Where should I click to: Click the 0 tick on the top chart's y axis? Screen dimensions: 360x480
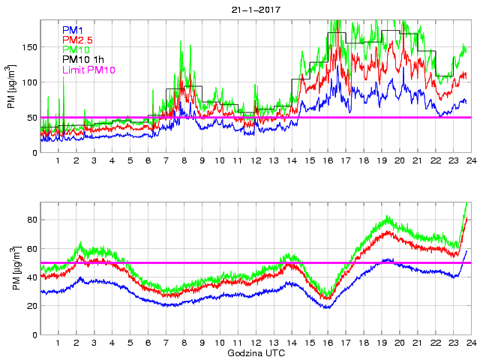coord(34,153)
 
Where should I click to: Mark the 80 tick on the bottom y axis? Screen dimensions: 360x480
coord(31,220)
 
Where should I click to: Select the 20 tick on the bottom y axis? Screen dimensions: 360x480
coord(31,306)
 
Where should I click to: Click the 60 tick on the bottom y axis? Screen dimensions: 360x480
coord(31,248)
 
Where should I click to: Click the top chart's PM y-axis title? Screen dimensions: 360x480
coord(12,92)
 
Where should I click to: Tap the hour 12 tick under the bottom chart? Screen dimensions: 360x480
coord(255,343)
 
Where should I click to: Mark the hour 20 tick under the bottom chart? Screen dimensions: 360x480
coord(399,343)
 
